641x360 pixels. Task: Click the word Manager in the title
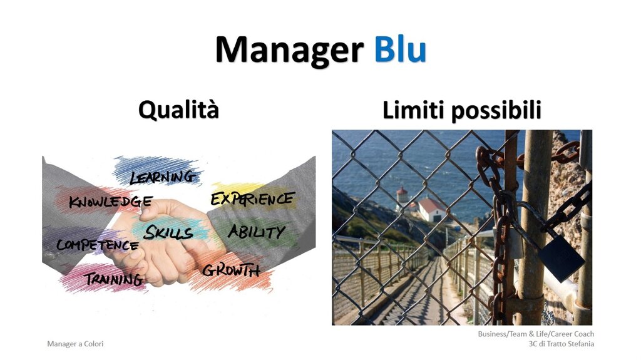coord(289,50)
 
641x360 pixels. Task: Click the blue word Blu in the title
coord(400,49)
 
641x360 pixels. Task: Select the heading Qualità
coord(178,110)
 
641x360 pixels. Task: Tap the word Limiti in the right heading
coord(413,110)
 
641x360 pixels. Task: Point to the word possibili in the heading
coord(496,110)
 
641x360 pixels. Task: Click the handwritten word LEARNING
coord(163,177)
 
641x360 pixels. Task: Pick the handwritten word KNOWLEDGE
coord(110,201)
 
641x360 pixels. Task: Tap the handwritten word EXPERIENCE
coord(252,199)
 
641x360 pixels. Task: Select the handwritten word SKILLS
coord(168,232)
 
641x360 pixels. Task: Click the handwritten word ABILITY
coord(256,232)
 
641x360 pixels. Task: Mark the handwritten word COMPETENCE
coord(97,245)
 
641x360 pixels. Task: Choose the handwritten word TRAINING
coord(114,279)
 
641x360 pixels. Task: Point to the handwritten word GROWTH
coord(231,270)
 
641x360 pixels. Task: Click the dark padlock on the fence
coord(560,257)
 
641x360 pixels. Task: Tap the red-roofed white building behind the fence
coord(431,209)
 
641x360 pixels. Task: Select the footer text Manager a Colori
coord(75,344)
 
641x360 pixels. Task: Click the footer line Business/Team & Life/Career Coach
coord(536,334)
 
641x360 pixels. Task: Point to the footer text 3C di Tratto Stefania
coord(562,344)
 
